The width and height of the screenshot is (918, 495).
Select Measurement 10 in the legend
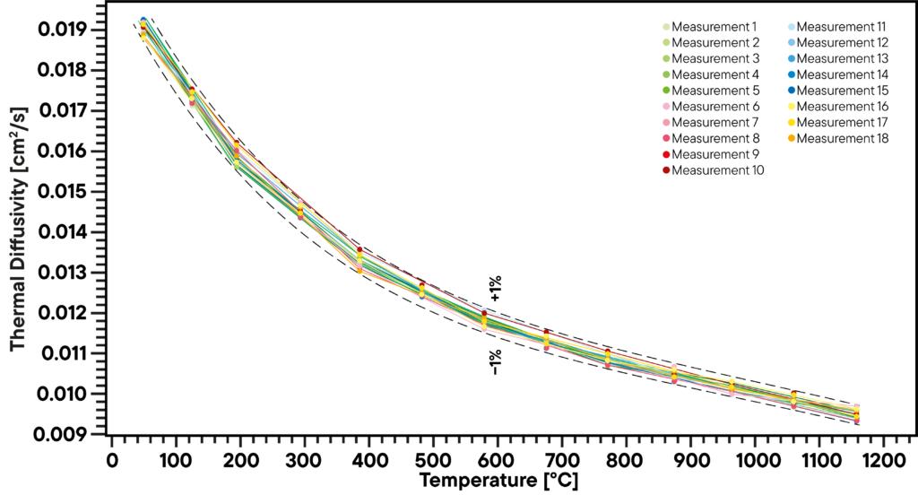(717, 170)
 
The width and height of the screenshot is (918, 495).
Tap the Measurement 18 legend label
(842, 138)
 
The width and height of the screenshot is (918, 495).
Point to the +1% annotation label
(496, 289)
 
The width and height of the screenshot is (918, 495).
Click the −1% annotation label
(496, 361)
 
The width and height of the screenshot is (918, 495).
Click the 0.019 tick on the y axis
(62, 30)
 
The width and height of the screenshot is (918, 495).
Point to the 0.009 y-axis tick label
(62, 435)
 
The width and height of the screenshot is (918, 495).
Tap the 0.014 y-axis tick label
(62, 232)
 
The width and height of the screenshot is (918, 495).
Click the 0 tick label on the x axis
(112, 460)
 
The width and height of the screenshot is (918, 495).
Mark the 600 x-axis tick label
(498, 460)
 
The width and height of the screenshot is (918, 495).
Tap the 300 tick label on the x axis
(305, 460)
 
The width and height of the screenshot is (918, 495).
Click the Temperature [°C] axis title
(505, 481)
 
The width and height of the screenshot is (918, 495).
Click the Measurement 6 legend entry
(714, 107)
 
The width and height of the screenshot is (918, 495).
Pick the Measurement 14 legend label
(842, 74)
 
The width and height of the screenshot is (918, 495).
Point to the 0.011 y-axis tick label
(62, 354)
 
